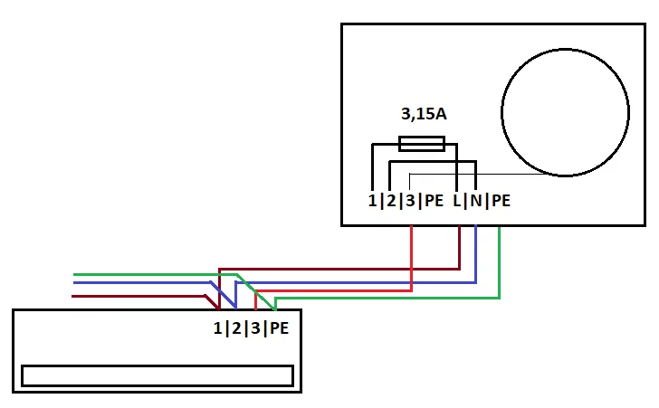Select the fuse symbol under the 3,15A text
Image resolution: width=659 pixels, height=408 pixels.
click(x=422, y=143)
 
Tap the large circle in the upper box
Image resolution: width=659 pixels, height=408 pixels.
click(x=565, y=111)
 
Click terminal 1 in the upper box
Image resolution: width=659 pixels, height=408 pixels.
click(x=373, y=201)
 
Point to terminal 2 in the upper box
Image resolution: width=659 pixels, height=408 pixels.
click(x=391, y=201)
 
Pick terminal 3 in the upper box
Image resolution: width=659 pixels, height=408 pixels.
click(x=410, y=201)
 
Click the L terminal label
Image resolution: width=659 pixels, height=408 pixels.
click(x=457, y=201)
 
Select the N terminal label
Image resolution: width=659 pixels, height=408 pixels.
click(x=475, y=201)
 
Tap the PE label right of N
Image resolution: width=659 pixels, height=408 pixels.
click(x=501, y=201)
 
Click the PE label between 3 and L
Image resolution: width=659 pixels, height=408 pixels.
click(x=434, y=201)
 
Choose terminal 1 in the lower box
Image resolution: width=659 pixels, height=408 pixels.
click(x=217, y=328)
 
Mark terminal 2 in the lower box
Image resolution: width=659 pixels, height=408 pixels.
click(x=235, y=328)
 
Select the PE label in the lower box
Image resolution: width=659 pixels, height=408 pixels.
click(x=278, y=328)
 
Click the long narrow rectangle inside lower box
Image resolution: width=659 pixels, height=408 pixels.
click(x=157, y=375)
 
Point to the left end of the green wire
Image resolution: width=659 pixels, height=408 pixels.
click(x=75, y=273)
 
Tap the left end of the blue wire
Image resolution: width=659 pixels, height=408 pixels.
click(x=75, y=283)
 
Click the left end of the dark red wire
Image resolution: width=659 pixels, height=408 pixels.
click(x=75, y=295)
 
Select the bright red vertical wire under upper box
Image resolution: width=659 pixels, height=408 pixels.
click(x=413, y=258)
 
